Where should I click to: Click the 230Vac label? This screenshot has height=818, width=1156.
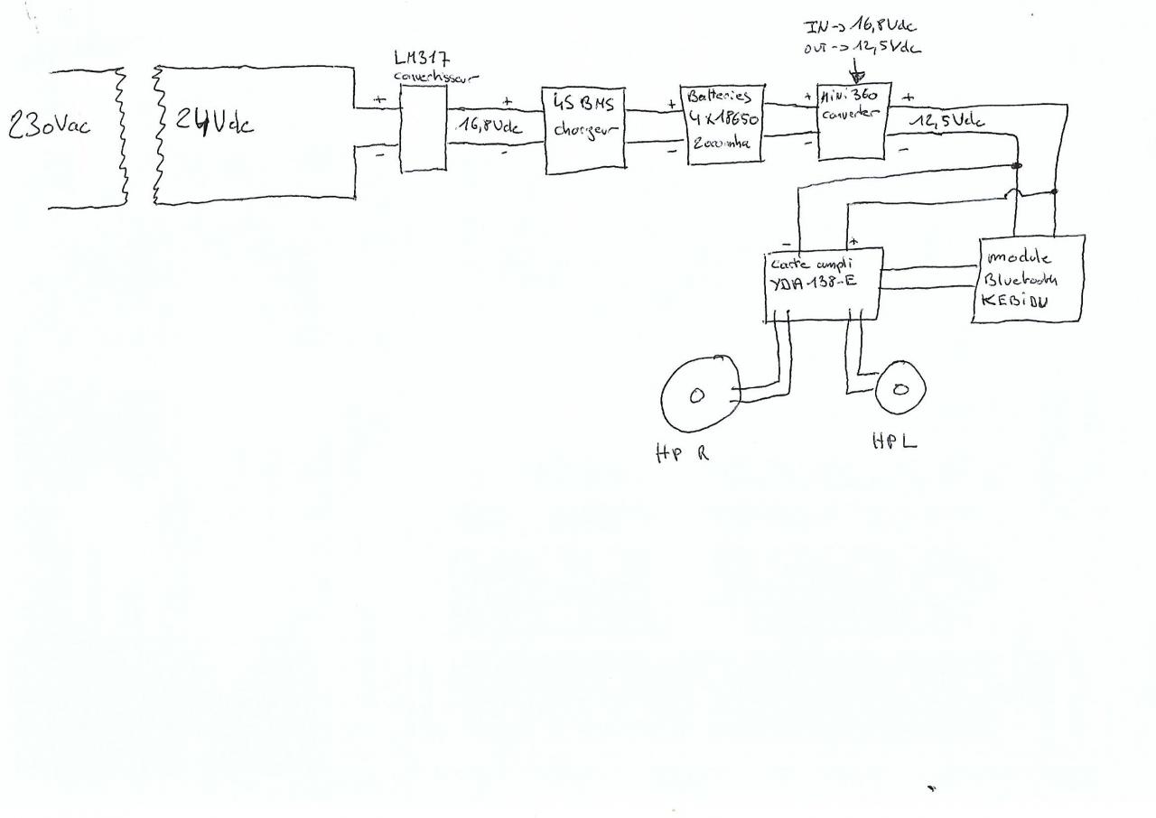click(49, 126)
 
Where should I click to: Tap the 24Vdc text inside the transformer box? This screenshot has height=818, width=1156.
click(214, 122)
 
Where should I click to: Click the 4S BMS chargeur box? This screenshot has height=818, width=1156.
click(583, 128)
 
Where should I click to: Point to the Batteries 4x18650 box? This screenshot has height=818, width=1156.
click(725, 124)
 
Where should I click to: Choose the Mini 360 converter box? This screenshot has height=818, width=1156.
click(853, 121)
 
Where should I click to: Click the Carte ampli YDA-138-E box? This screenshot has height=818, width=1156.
click(823, 284)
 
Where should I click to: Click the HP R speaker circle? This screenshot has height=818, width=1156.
click(700, 394)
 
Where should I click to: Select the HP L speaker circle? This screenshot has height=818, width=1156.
click(900, 388)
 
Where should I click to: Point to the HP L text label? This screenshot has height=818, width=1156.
click(894, 442)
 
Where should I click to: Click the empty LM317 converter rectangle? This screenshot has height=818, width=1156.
click(423, 132)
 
